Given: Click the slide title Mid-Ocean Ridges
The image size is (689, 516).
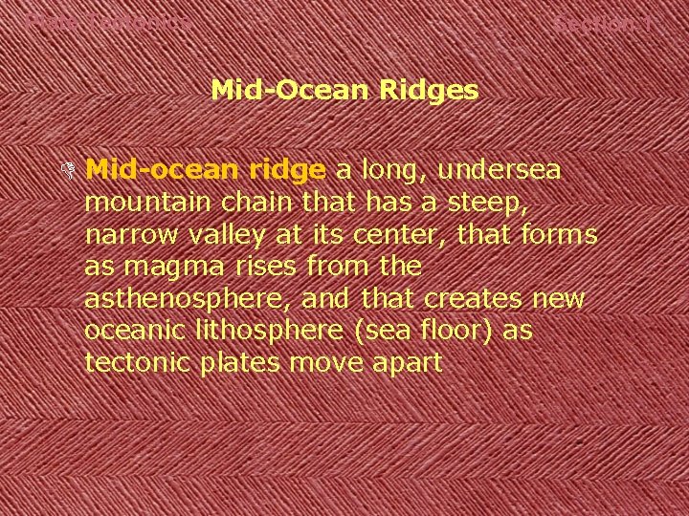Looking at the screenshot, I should [344, 91].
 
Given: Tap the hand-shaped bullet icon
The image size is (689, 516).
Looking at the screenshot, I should [66, 172].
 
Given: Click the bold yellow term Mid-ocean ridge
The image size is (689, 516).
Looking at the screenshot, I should [206, 170].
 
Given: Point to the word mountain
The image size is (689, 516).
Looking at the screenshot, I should [140, 203].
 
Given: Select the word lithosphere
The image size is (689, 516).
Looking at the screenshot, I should [247, 331].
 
